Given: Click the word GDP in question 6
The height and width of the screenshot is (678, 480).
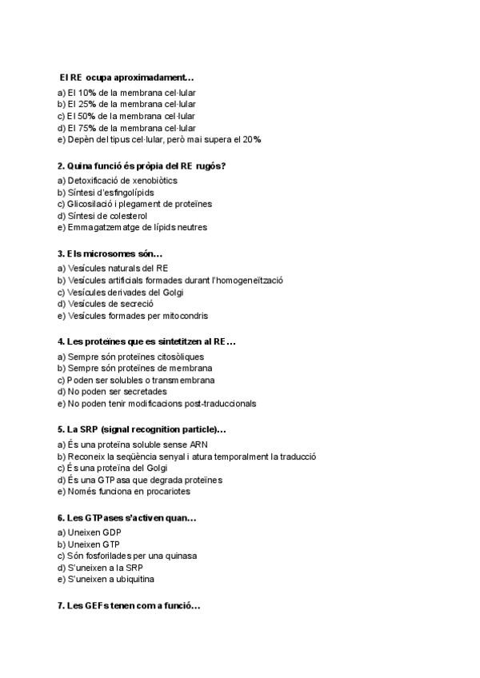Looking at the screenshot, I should click(x=108, y=532).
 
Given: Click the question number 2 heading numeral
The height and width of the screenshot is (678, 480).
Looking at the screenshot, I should click(x=61, y=166).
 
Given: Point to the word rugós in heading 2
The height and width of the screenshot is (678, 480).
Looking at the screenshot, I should click(x=210, y=166).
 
